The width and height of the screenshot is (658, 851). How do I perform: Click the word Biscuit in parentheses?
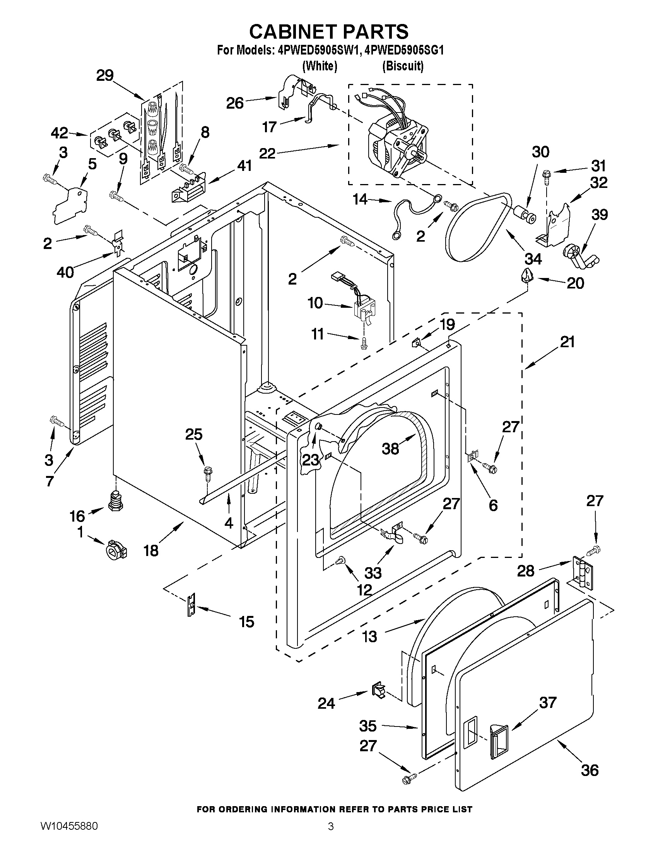click(403, 66)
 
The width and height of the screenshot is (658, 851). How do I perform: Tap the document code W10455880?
click(68, 835)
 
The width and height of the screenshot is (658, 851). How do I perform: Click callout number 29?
click(105, 75)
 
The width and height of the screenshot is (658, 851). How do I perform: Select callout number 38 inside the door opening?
click(390, 449)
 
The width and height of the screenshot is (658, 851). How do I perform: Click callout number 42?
click(60, 133)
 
